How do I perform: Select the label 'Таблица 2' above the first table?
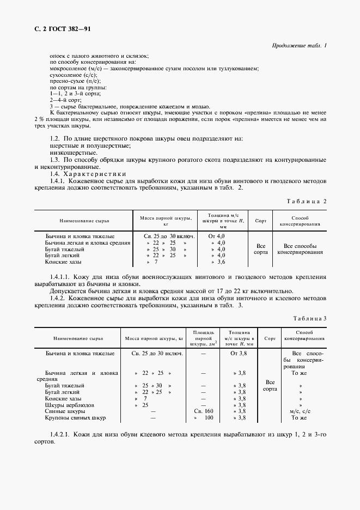tap(307, 201)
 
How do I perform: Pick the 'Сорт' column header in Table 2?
tap(261, 221)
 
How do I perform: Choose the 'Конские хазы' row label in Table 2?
tap(63, 262)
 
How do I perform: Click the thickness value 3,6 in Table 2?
tap(221, 262)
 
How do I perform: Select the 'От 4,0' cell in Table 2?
tap(217, 235)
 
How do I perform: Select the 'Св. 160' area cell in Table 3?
tap(203, 411)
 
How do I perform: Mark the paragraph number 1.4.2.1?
tap(62, 434)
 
